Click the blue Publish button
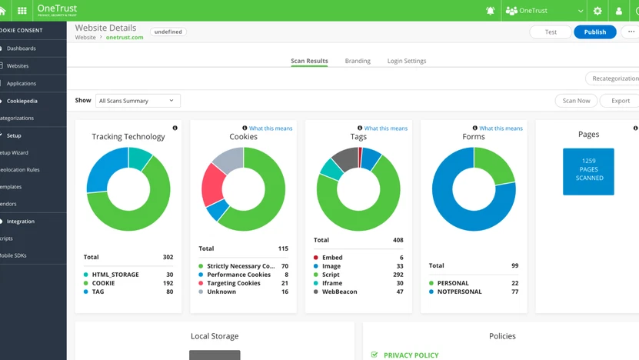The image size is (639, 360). coord(594,32)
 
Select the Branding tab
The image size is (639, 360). coord(358,61)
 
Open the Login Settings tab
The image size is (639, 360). coord(406,61)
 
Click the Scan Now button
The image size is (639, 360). coord(576,101)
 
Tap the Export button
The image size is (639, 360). coord(620,101)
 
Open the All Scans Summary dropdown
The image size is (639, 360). coord(138,101)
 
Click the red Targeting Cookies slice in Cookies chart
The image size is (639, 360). coord(213,185)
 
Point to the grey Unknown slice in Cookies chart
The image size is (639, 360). coord(228,158)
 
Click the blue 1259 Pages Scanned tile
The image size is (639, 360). coord(588,171)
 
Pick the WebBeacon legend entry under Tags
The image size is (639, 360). coord(339,292)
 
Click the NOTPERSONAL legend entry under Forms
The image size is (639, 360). coord(459,292)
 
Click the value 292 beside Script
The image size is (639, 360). coord(398,275)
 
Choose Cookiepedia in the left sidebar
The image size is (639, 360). coord(22,101)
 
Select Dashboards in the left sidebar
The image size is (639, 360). coord(22,48)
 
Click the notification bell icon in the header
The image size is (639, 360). coord(490,11)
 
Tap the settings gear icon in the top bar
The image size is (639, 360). coord(597,11)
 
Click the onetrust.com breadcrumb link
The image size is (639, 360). coord(125,38)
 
